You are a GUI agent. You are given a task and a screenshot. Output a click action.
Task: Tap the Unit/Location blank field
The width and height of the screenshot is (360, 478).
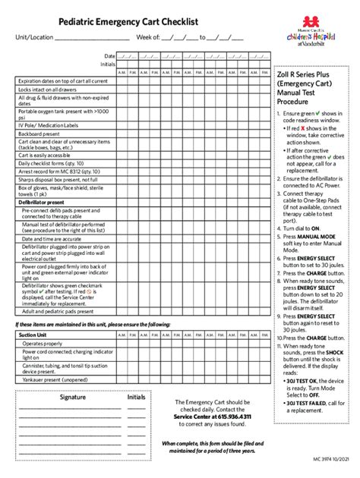91,38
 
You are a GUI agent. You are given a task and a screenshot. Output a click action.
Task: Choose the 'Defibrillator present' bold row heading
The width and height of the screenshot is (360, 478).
42,203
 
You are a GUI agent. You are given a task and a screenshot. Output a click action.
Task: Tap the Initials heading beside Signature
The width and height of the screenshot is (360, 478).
137,397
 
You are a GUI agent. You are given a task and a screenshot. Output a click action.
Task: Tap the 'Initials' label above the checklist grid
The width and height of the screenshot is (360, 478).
107,64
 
